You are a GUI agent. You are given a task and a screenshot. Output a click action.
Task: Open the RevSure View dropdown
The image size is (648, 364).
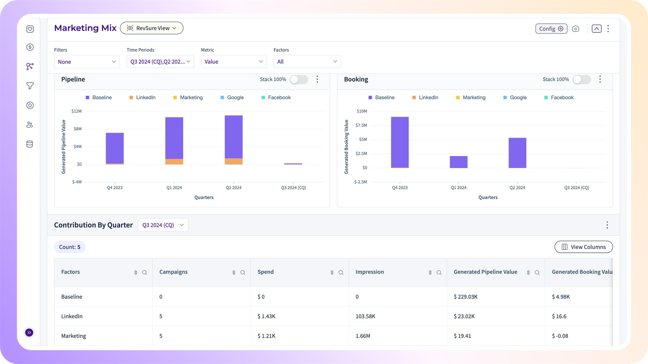(152, 28)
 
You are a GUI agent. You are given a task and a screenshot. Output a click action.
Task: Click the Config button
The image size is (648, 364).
(551, 29)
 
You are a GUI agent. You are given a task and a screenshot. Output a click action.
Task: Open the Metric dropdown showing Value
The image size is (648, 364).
(233, 61)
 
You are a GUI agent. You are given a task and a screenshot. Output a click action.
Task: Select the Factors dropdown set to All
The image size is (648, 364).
(307, 61)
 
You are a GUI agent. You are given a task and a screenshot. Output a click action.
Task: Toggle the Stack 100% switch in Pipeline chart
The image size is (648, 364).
(299, 79)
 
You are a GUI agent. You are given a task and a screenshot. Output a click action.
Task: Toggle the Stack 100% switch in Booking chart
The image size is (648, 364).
(582, 79)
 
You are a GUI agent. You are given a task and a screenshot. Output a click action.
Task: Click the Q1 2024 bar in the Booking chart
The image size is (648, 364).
(459, 162)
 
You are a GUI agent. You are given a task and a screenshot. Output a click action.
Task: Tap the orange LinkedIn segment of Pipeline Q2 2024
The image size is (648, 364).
(234, 161)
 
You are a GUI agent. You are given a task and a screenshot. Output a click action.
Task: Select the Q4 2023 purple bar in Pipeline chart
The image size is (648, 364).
(115, 148)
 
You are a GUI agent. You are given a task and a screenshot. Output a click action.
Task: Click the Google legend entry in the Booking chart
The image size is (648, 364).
(515, 97)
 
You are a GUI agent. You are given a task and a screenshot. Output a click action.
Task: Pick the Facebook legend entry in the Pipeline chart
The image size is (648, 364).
(276, 97)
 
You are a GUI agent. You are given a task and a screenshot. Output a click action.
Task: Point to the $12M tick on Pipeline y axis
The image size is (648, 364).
(76, 111)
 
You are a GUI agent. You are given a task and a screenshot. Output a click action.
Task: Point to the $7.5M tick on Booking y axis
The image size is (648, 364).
(361, 125)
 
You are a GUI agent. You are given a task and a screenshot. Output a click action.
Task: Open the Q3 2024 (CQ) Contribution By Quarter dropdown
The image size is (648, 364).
(163, 225)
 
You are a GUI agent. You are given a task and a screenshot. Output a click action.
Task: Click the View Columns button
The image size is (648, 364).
(584, 247)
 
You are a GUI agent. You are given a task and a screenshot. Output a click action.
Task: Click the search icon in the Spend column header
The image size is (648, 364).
(341, 273)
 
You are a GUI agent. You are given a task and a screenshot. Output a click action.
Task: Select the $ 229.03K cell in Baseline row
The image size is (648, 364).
(466, 297)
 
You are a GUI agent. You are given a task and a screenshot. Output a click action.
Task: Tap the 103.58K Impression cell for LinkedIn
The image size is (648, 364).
(365, 316)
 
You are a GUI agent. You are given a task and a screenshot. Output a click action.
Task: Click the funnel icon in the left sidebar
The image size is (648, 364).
(30, 86)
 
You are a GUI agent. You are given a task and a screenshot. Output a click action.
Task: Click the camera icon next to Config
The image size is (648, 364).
(575, 29)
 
